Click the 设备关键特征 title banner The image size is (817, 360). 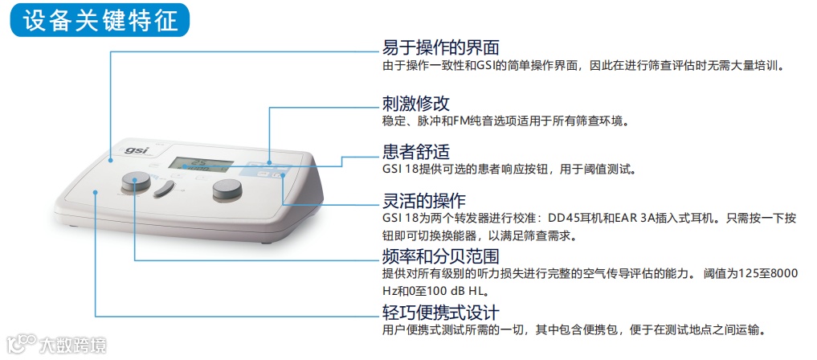click(100, 21)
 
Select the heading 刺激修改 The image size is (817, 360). click(416, 103)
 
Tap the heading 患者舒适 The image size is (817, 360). click(416, 152)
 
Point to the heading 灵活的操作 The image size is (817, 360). click(424, 200)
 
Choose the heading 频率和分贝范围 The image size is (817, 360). click(441, 256)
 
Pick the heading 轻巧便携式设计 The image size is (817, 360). click(441, 312)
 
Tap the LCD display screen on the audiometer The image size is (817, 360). click(201, 164)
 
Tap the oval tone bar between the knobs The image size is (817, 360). click(164, 189)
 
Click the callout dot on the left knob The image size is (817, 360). click(134, 180)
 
